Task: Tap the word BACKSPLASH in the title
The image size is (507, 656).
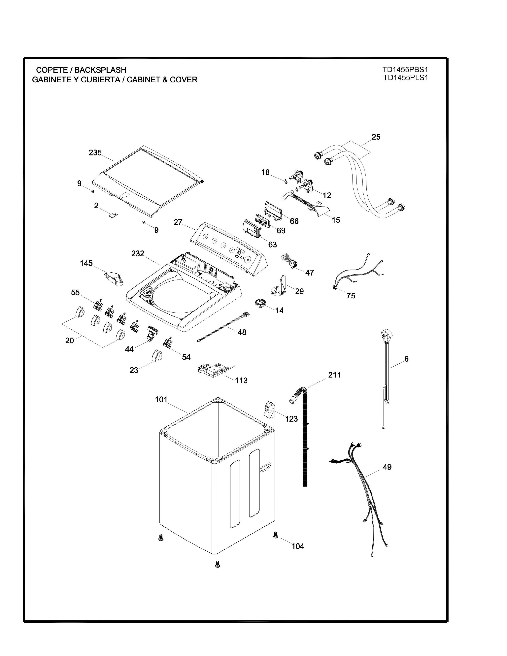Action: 100,70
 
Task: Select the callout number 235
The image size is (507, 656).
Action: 95,153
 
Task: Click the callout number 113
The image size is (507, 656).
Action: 241,380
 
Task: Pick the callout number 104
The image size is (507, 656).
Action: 298,546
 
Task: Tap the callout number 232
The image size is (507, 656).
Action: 138,253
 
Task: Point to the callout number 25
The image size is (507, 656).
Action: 376,137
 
